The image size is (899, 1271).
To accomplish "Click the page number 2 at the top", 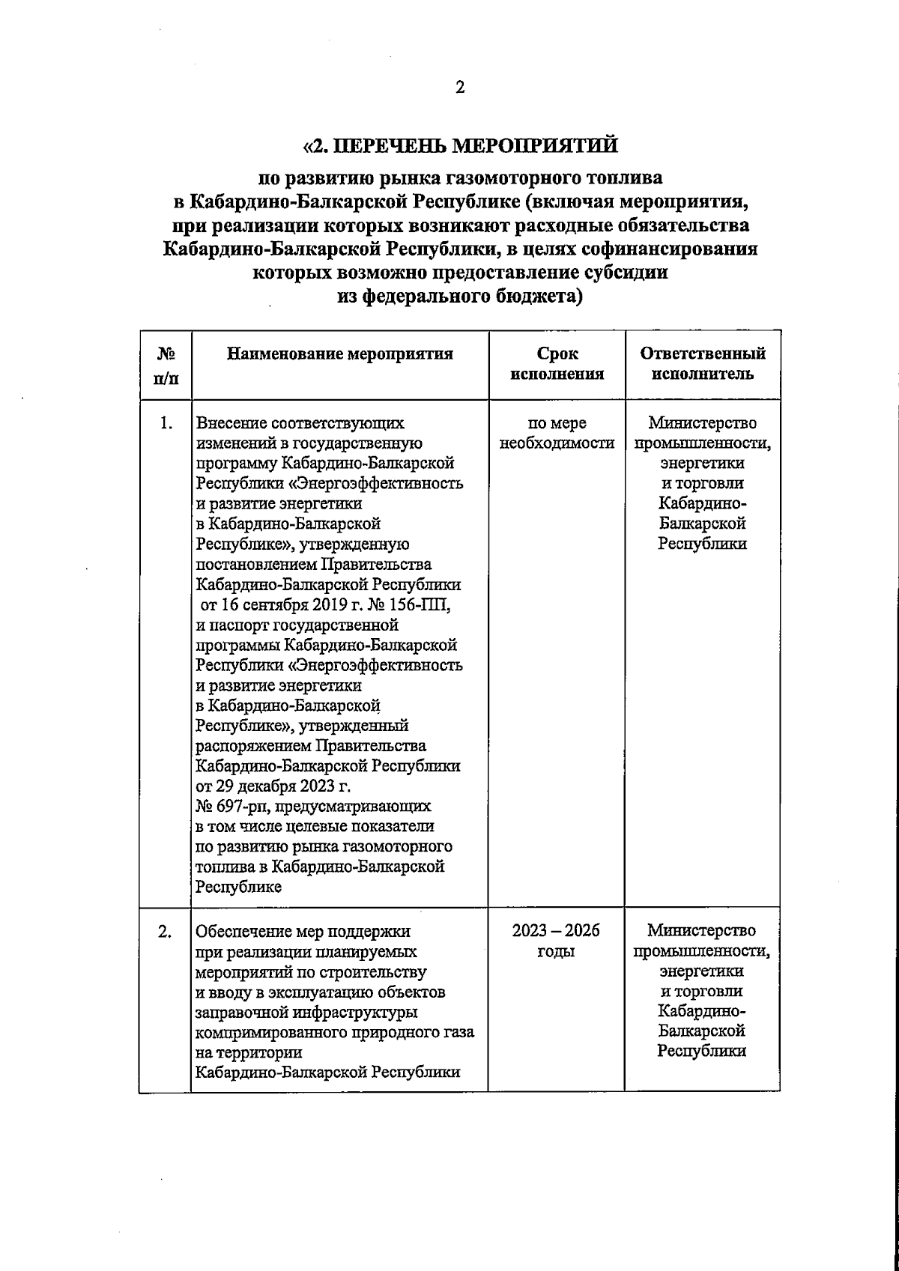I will point(460,88).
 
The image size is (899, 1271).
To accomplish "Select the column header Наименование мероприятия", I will point(340,354).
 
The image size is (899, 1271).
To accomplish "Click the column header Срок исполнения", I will point(557,364).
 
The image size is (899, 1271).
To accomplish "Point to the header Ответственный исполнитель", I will point(703,364).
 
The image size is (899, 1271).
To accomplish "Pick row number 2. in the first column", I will point(166,932).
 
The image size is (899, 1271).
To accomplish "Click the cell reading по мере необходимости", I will point(557,434).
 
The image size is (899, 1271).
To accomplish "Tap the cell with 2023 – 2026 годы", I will point(557,941).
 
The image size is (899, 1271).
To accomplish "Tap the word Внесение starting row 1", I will point(229,424).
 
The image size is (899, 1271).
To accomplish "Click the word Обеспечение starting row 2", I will point(243,932).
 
